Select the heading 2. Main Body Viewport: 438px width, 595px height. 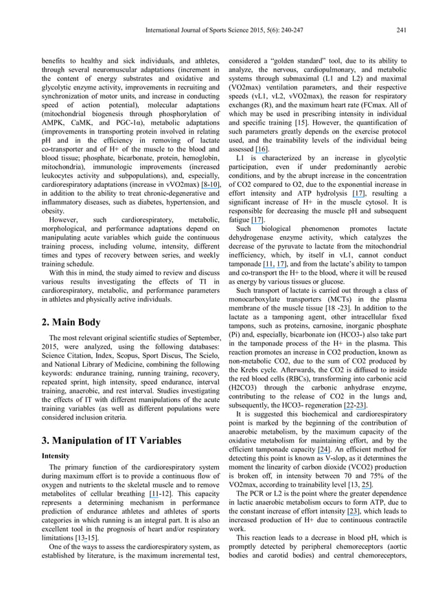[71, 322]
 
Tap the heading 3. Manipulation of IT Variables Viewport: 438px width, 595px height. [112, 421]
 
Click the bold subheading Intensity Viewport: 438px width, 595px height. [56, 436]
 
